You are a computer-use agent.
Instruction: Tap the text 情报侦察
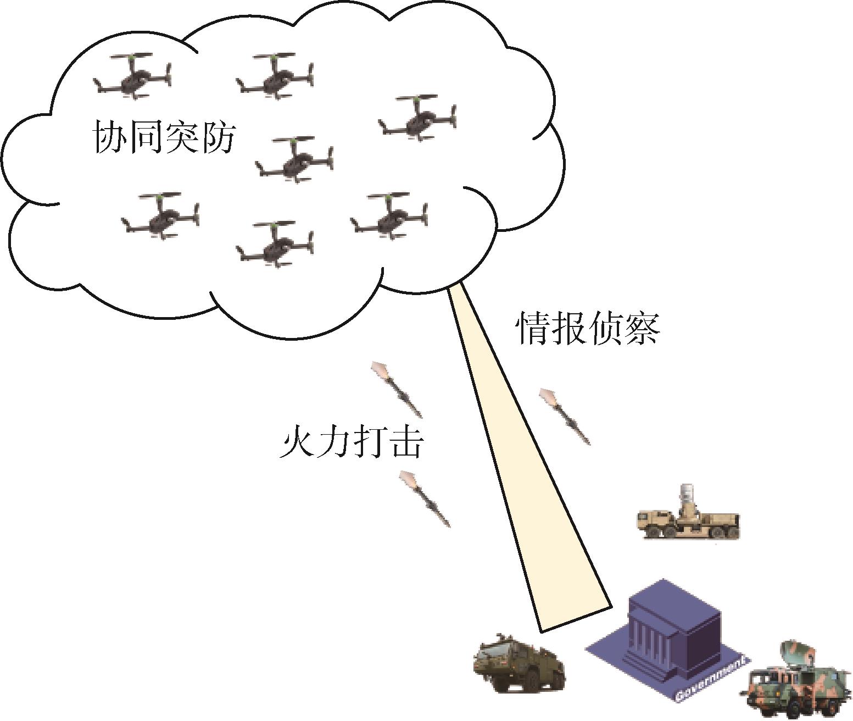click(x=587, y=329)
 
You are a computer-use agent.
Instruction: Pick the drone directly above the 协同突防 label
click(x=132, y=77)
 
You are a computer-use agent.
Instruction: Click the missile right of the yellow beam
click(x=565, y=415)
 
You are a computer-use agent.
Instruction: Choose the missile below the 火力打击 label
click(x=425, y=498)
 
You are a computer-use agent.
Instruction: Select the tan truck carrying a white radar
click(x=688, y=517)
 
